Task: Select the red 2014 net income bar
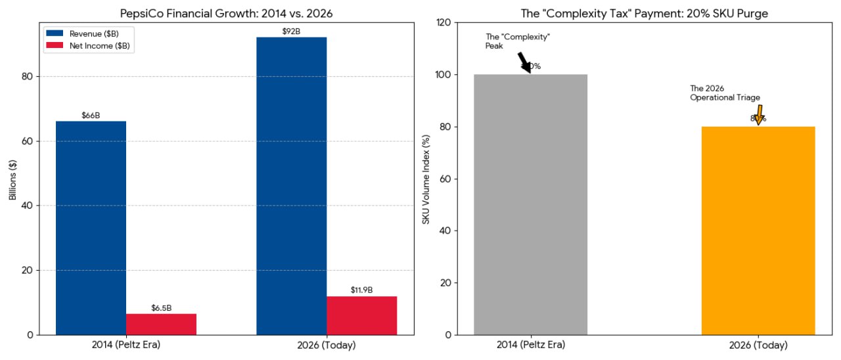pos(161,324)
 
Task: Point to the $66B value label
pos(91,116)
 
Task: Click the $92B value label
pos(291,32)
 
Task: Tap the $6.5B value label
pos(161,308)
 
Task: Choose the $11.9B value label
pos(361,290)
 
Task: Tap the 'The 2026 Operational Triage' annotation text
pos(724,93)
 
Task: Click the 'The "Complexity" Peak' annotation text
pos(517,41)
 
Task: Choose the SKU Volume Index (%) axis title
pos(426,178)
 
